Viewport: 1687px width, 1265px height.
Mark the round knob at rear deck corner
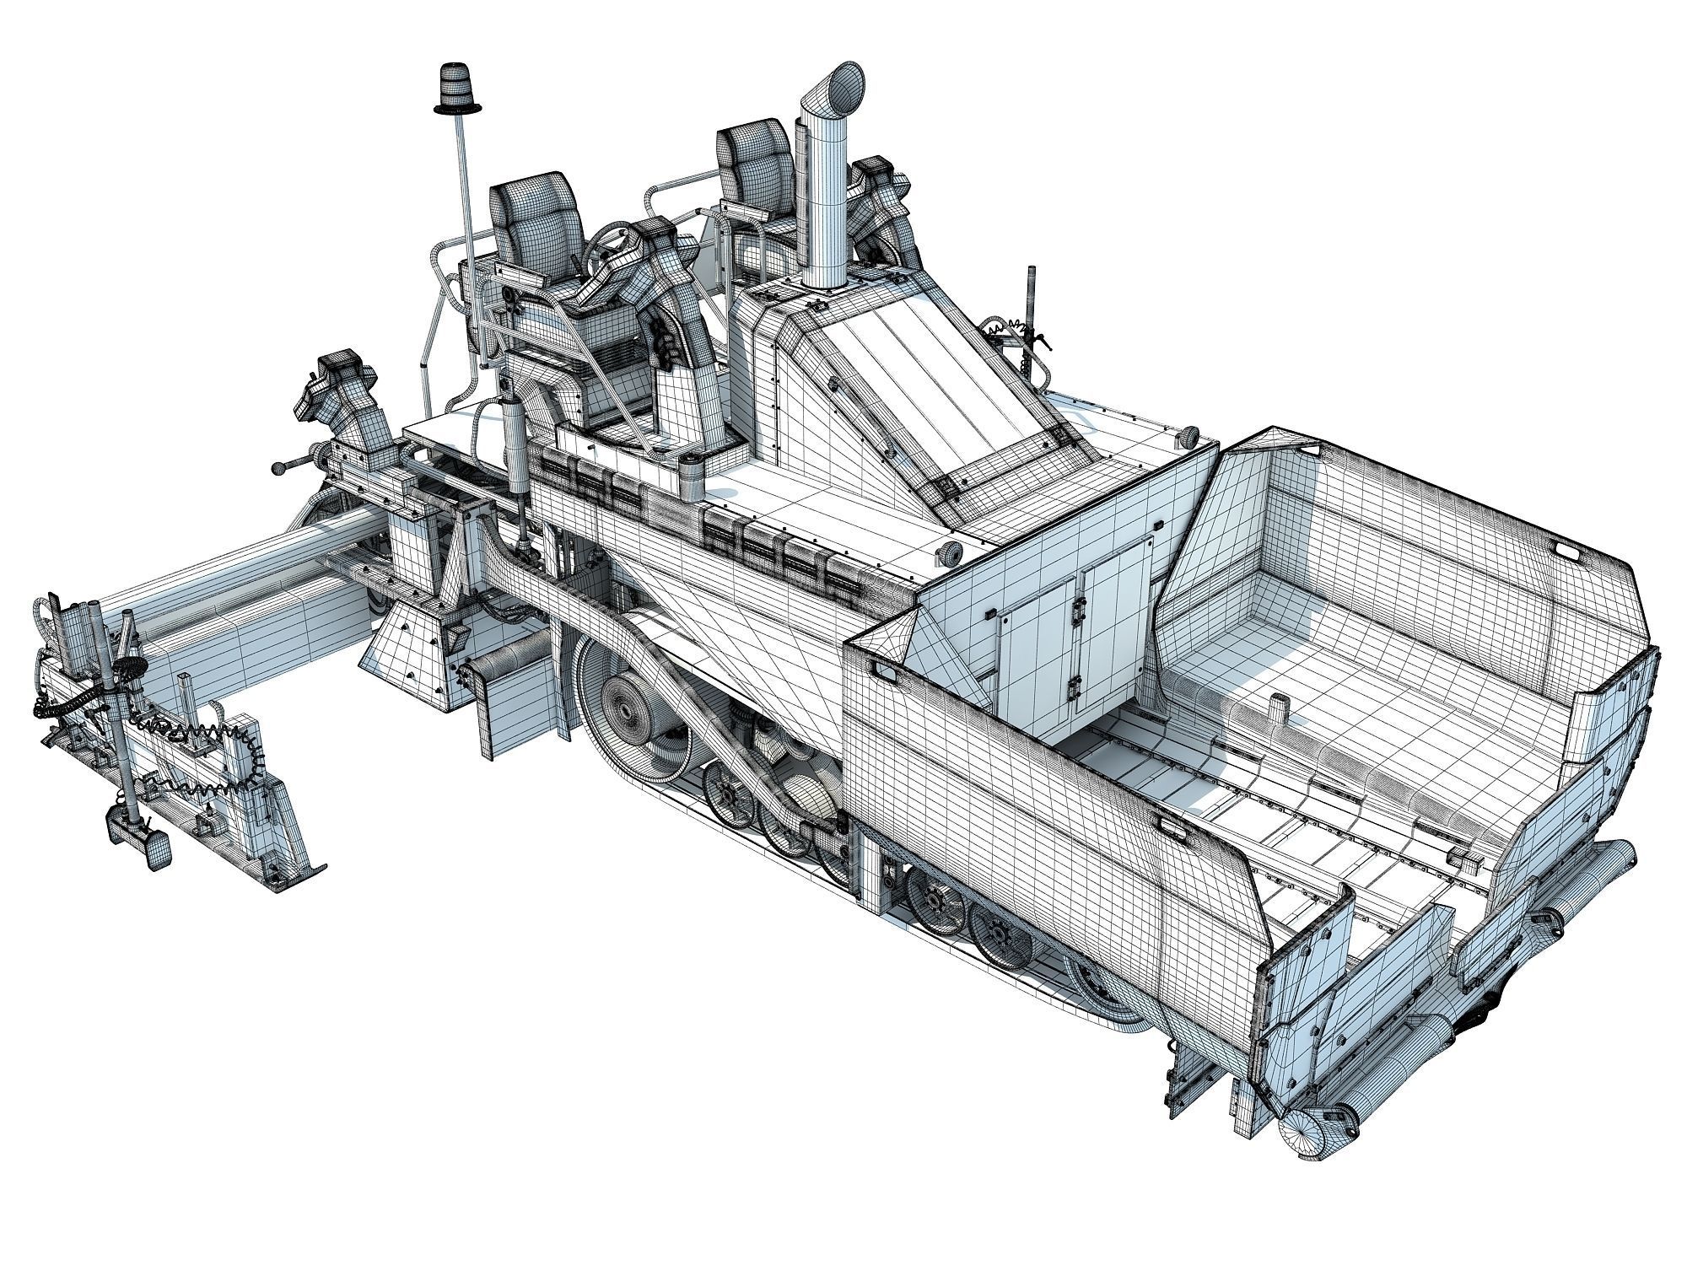1188,438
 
